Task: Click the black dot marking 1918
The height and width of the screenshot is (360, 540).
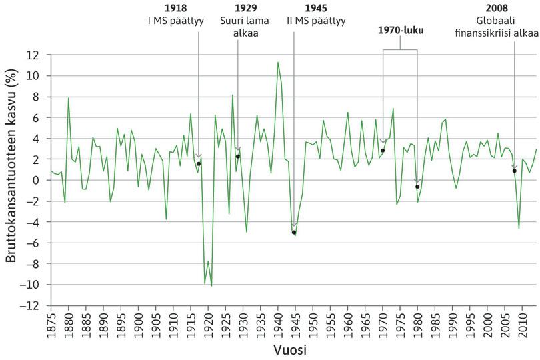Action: coord(199,164)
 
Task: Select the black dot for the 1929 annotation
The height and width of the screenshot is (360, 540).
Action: coord(237,157)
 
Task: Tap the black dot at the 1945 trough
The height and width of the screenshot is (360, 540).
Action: coord(293,233)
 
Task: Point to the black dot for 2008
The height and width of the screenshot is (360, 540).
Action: coord(515,171)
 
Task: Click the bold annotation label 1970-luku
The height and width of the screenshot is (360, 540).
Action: coord(399,30)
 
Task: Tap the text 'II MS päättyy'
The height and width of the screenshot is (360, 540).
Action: coord(315,21)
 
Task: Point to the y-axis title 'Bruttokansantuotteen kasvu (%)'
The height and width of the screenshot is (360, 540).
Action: coord(11,180)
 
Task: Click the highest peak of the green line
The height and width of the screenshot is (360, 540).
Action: coord(277,63)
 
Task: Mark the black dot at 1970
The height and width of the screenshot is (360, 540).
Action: coord(383,151)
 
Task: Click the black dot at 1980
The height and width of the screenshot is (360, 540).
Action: coord(417,187)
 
